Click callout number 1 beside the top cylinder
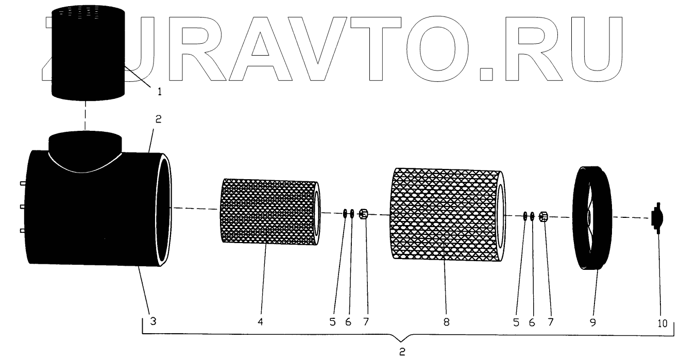click(159, 92)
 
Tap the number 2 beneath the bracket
click(403, 353)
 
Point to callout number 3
click(153, 322)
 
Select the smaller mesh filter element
click(269, 212)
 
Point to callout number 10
click(662, 323)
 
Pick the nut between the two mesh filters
click(364, 214)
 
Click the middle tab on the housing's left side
click(23, 207)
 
